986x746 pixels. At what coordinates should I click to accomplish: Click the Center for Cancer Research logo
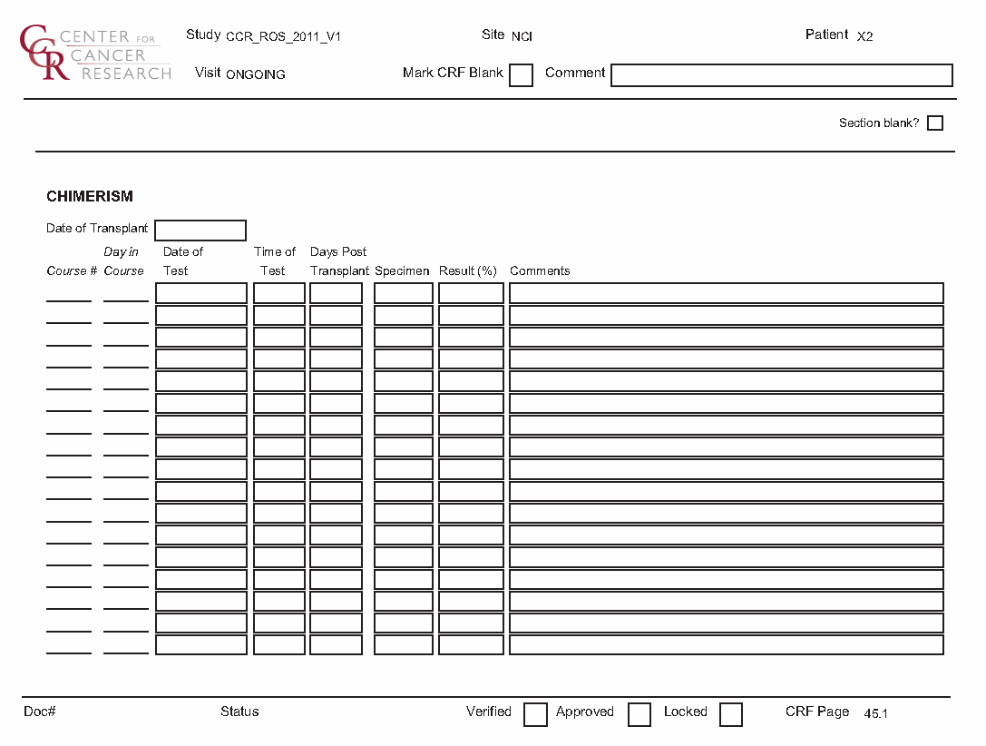coord(94,54)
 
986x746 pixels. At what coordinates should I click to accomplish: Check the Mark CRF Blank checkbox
coord(521,75)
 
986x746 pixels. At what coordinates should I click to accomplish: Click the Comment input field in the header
coord(781,75)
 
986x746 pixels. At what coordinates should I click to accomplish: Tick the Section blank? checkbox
coord(935,123)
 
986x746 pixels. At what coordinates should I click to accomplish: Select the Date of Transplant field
coord(200,230)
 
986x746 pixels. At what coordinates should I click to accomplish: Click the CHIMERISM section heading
coord(90,196)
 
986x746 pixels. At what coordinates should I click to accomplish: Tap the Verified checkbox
coord(535,714)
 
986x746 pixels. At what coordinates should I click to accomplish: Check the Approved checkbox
coord(639,714)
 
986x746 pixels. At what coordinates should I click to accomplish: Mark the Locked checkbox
coord(730,714)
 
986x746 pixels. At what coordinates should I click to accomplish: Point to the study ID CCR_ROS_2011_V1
coord(283,37)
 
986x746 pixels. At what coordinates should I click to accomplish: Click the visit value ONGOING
coord(255,75)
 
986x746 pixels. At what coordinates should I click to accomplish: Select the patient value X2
coord(864,37)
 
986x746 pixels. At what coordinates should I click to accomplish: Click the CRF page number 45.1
coord(875,714)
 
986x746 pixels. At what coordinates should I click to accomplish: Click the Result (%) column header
coord(469,271)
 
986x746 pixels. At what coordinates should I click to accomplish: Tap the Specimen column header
coord(402,271)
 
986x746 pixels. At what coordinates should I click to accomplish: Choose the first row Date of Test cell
coord(200,293)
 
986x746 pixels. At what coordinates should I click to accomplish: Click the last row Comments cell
coord(726,645)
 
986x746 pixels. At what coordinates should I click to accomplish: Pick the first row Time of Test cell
coord(278,293)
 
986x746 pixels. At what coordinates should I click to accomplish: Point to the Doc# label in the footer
coord(40,712)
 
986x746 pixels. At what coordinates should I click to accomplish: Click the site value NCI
coord(522,37)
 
